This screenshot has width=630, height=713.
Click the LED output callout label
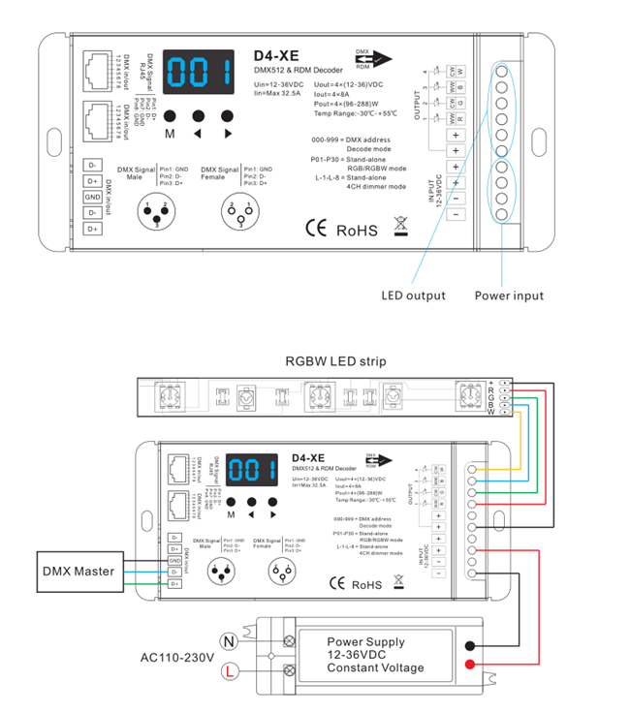(414, 295)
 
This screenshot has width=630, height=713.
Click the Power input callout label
(509, 295)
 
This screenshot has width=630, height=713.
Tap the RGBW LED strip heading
(335, 361)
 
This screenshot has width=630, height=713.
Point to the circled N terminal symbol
(230, 640)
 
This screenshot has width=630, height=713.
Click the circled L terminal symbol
(230, 669)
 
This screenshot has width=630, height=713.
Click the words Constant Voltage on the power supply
(375, 668)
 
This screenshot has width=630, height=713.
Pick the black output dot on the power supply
(471, 645)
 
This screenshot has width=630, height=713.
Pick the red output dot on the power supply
(471, 664)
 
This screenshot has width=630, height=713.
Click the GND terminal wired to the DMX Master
(174, 560)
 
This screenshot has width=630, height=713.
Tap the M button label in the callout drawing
(170, 134)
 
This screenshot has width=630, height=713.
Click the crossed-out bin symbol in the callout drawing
(402, 228)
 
